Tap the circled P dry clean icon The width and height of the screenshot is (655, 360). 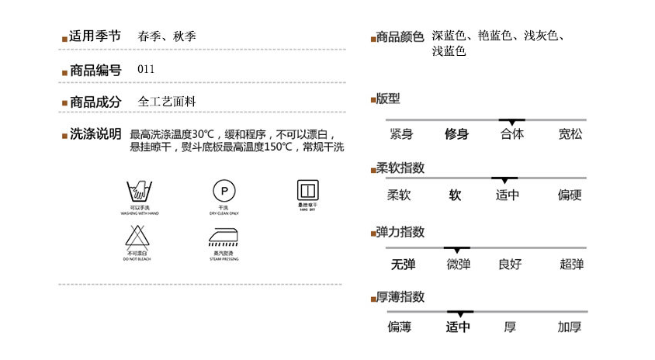(x=224, y=189)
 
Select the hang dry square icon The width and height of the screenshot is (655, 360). (x=309, y=189)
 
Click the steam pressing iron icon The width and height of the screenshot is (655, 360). (x=224, y=237)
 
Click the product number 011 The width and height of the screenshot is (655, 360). (x=146, y=69)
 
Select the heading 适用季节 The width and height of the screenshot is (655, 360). (x=95, y=36)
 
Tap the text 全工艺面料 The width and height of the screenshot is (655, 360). (x=167, y=102)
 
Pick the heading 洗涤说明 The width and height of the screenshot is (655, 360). (x=95, y=134)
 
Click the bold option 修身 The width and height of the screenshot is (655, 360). (x=456, y=134)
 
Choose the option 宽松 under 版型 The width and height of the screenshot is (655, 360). (x=570, y=134)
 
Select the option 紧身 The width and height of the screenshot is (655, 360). (x=401, y=134)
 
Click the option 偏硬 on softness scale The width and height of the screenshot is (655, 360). (x=570, y=196)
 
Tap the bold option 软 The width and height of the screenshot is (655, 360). (x=456, y=196)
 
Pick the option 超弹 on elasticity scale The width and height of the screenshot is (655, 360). (x=571, y=265)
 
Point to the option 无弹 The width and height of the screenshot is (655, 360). (x=403, y=265)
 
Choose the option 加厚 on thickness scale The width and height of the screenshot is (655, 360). (x=570, y=327)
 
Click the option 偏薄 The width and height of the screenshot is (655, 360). (x=400, y=327)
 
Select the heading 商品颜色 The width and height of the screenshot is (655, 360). (x=400, y=36)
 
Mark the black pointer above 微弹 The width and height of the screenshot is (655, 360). (x=457, y=248)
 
